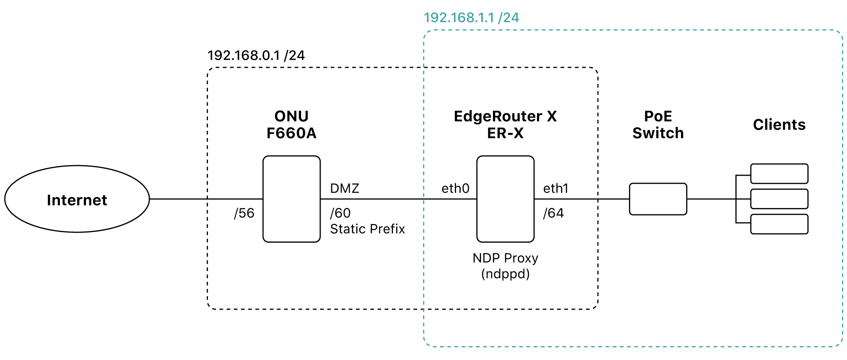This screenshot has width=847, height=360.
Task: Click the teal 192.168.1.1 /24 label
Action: (x=471, y=18)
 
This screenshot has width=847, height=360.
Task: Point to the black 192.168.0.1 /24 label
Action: (x=256, y=55)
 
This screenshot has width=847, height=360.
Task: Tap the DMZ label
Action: (x=345, y=188)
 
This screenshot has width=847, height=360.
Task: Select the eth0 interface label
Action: (x=456, y=188)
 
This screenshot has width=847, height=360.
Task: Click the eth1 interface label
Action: (x=556, y=188)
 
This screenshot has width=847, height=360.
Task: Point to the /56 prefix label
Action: (x=244, y=213)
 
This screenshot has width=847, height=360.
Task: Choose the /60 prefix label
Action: (x=340, y=213)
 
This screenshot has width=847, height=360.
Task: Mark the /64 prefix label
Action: (x=554, y=213)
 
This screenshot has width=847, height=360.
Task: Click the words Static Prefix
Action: (x=368, y=229)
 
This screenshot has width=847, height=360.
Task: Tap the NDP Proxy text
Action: (x=505, y=258)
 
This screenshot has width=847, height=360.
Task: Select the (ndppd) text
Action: (x=505, y=274)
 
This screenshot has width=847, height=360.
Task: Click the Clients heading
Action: (x=779, y=125)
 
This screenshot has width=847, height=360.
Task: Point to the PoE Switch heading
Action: (x=658, y=125)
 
